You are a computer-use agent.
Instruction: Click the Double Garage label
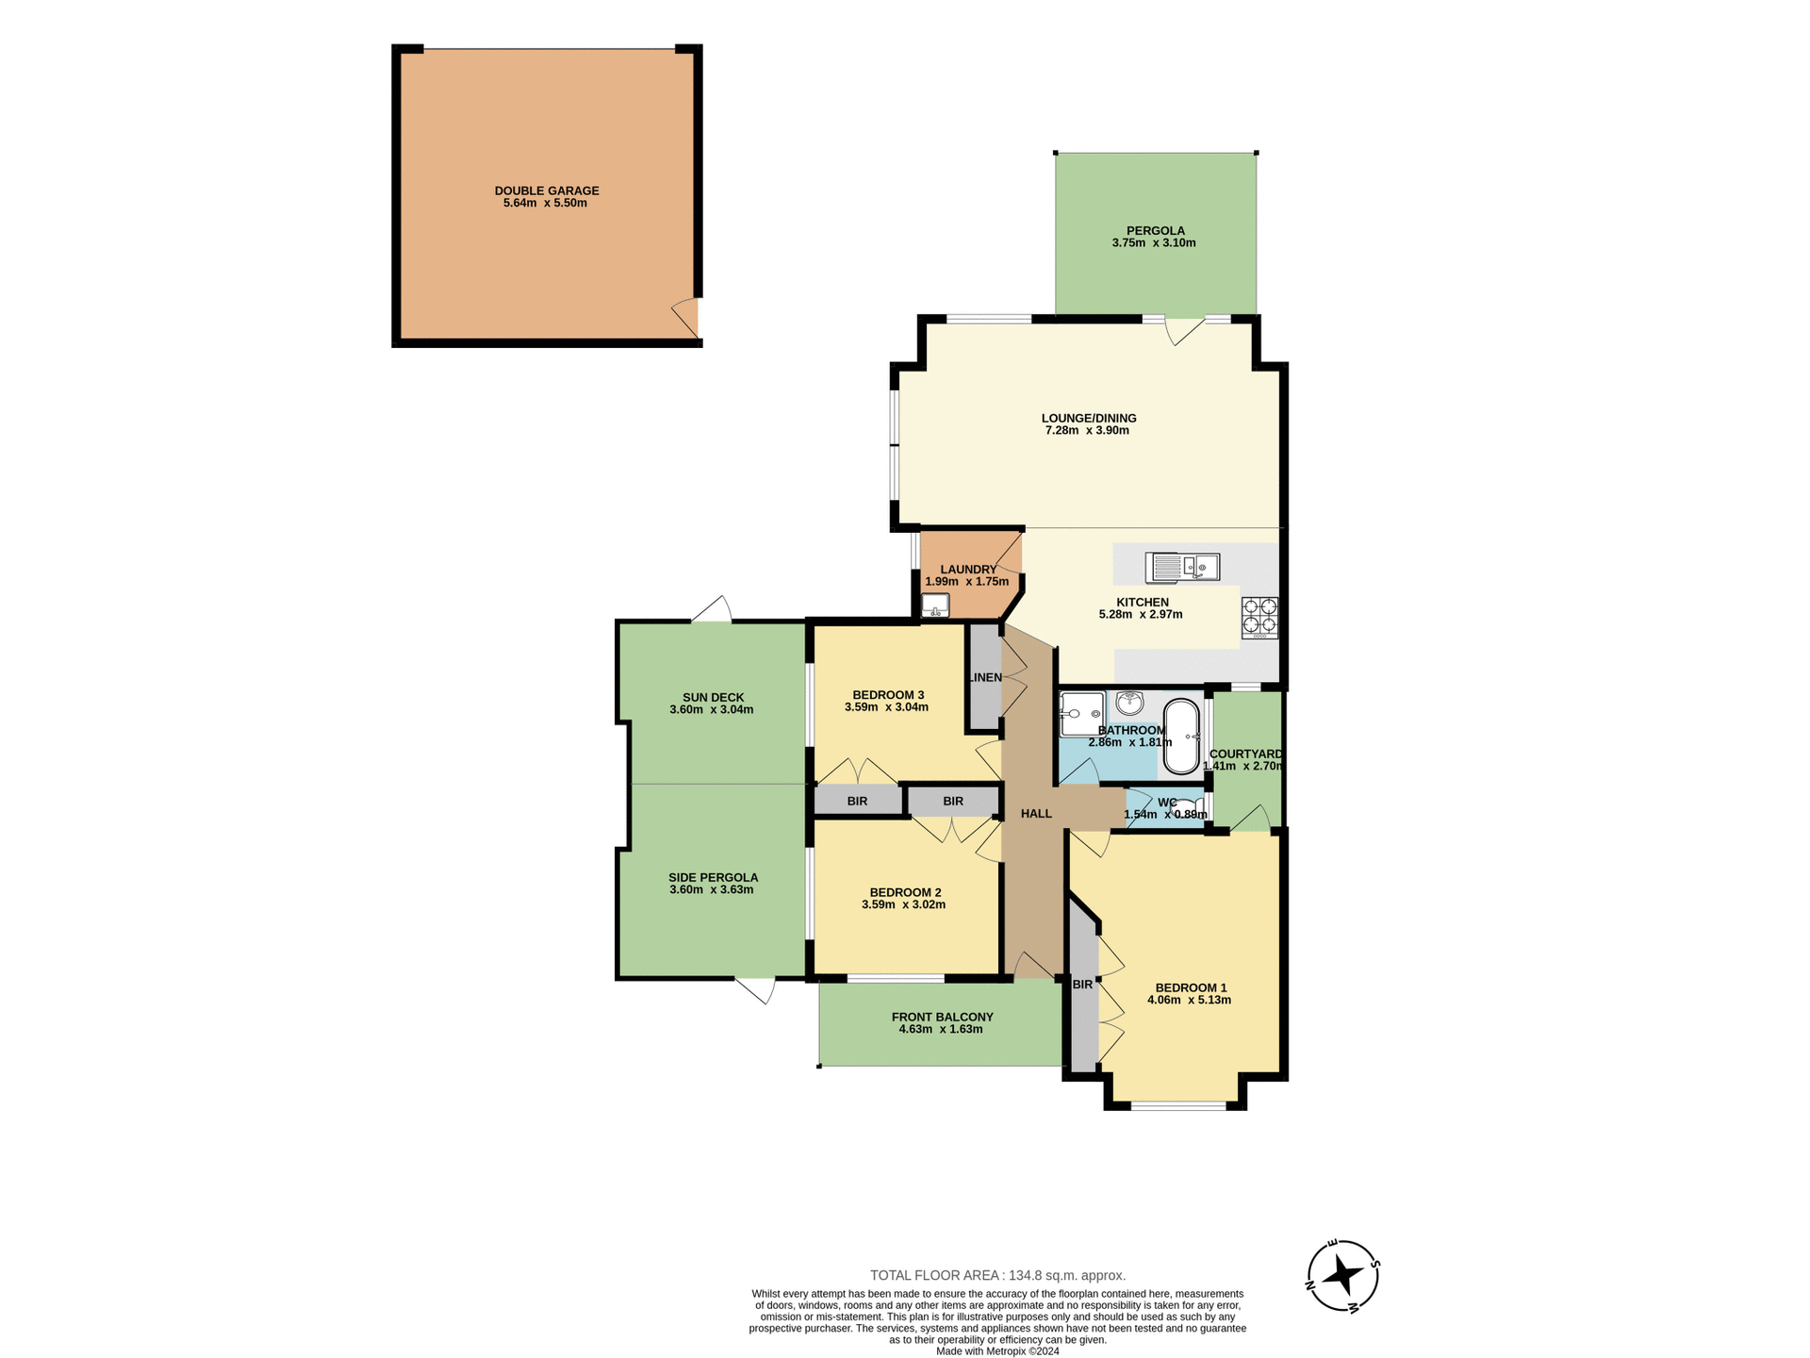[547, 190]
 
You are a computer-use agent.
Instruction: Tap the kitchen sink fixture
[1182, 567]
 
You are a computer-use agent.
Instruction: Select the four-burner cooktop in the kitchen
[1259, 618]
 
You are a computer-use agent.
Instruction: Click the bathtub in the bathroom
[1181, 736]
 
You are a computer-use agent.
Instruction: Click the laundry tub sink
[935, 604]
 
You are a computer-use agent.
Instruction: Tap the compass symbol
[1343, 1275]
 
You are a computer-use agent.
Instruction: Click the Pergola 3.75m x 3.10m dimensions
[1154, 243]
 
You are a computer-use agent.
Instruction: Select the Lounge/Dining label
[1089, 418]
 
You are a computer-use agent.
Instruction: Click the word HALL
[1036, 814]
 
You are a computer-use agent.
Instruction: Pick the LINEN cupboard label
[985, 677]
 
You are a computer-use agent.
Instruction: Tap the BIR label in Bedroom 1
[1082, 985]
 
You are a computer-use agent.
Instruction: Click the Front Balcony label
[942, 1017]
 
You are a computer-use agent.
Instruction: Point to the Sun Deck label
[714, 698]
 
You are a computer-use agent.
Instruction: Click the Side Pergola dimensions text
[712, 890]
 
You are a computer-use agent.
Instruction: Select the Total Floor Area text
[997, 1275]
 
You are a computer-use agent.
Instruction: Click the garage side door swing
[686, 317]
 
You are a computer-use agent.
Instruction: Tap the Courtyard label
[1245, 754]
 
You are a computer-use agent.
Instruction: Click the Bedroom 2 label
[905, 892]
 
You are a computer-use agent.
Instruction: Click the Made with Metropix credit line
[997, 1351]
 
